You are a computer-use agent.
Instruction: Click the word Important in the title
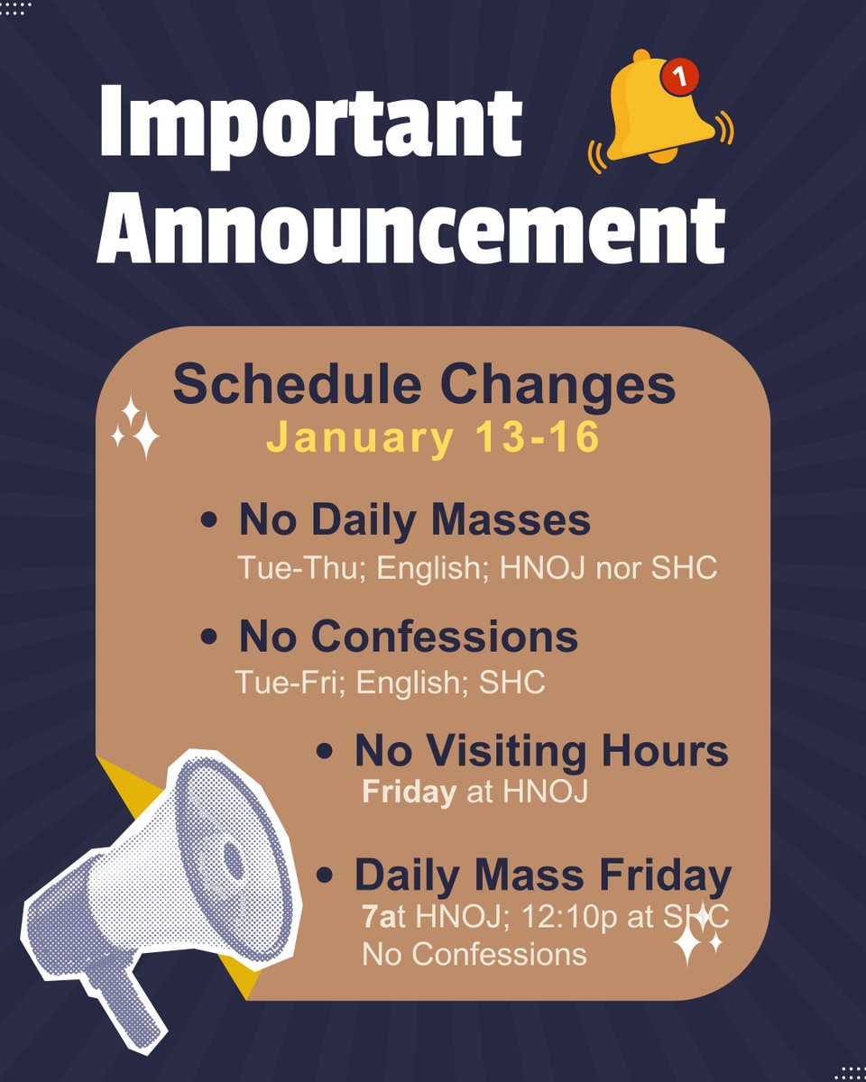pos(309,122)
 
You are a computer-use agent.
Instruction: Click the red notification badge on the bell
pos(678,78)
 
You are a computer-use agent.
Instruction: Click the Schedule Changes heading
pos(424,384)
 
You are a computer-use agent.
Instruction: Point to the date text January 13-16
pos(433,438)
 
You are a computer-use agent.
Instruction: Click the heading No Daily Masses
pos(414,521)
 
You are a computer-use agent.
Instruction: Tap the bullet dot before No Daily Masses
pos(209,522)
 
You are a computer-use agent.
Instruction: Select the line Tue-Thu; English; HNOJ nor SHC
pos(476,569)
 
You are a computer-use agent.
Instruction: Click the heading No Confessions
pos(408,637)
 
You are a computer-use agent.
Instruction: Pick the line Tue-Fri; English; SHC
pos(390,683)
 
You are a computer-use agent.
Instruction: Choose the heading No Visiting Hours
pos(541,751)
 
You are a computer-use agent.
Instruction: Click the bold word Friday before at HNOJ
pos(408,793)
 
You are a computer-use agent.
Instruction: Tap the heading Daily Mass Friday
pos(542,875)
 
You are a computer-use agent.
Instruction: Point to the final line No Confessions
pos(474,952)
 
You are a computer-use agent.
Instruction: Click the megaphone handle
pos(122,992)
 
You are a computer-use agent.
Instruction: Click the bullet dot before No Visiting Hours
pos(326,752)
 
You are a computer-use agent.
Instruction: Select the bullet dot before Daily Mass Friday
pos(326,876)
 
